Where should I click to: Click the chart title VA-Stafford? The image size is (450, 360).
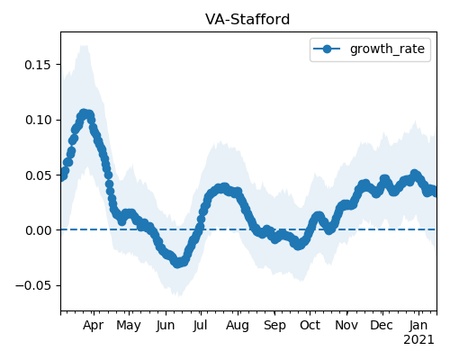point(247,20)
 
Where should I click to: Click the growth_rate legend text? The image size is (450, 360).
point(387,49)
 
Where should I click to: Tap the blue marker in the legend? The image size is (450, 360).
point(327,49)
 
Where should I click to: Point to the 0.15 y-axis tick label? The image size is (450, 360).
point(38,65)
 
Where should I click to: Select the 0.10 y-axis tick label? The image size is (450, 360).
point(38,120)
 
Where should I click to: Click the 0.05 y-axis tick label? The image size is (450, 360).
point(38,175)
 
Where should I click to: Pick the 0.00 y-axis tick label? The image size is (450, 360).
point(38,230)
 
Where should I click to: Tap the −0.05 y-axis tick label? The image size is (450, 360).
point(33,286)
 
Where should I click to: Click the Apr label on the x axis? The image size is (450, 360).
point(93,326)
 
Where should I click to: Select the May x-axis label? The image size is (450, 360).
point(129,326)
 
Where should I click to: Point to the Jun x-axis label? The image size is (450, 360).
point(166,326)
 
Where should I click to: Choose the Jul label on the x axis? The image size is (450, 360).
point(200,326)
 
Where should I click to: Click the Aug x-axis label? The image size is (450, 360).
point(238,326)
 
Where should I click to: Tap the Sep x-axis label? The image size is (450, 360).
point(274,326)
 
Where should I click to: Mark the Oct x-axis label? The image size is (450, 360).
point(310,326)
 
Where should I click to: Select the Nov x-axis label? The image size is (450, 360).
point(346,326)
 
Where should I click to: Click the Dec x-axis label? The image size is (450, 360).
point(382,326)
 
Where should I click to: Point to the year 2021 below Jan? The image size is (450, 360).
point(418,340)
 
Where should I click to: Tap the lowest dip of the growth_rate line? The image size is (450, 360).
point(177,263)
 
